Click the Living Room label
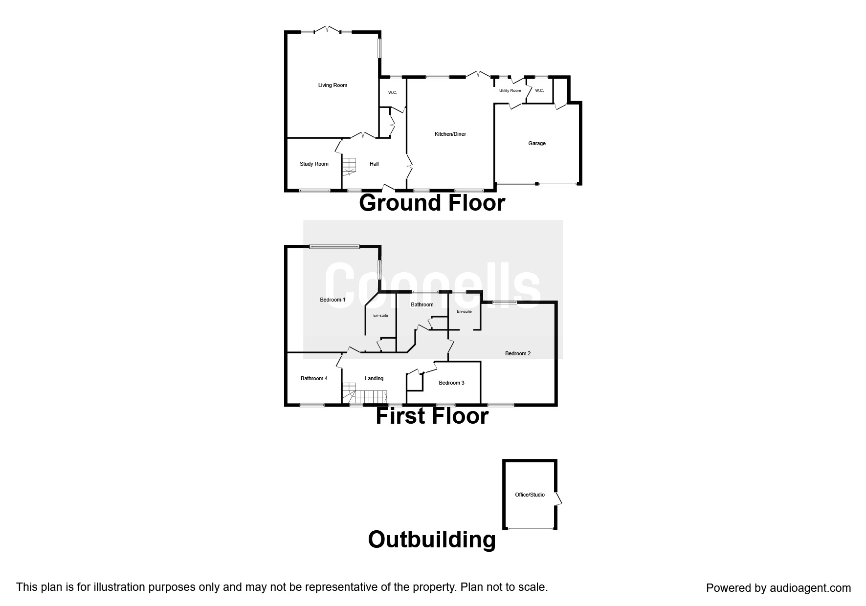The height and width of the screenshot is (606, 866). tap(333, 85)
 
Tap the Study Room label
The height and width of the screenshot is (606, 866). tap(314, 164)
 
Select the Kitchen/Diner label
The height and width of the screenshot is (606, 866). tap(450, 134)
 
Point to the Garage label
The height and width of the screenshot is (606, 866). tap(536, 143)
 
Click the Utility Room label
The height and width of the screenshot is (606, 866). tap(510, 90)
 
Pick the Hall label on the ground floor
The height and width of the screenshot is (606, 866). tap(374, 164)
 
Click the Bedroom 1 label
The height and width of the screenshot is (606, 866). tap(333, 300)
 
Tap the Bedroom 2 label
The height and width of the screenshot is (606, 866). tap(517, 353)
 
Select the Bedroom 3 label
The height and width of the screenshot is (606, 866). tap(451, 383)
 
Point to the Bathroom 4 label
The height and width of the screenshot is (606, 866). tap(314, 378)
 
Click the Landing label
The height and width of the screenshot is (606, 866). tap(374, 378)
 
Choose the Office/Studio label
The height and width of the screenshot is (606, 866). tap(530, 495)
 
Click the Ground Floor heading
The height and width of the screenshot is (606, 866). tap(432, 203)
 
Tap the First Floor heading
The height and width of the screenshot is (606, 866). tap(432, 416)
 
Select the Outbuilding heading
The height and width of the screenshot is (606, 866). tap(432, 540)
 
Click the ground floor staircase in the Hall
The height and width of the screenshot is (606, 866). tap(349, 166)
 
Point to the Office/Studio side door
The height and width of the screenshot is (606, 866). tap(558, 498)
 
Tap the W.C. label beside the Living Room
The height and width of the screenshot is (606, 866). tap(392, 92)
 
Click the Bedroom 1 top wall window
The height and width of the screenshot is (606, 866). tap(334, 246)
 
